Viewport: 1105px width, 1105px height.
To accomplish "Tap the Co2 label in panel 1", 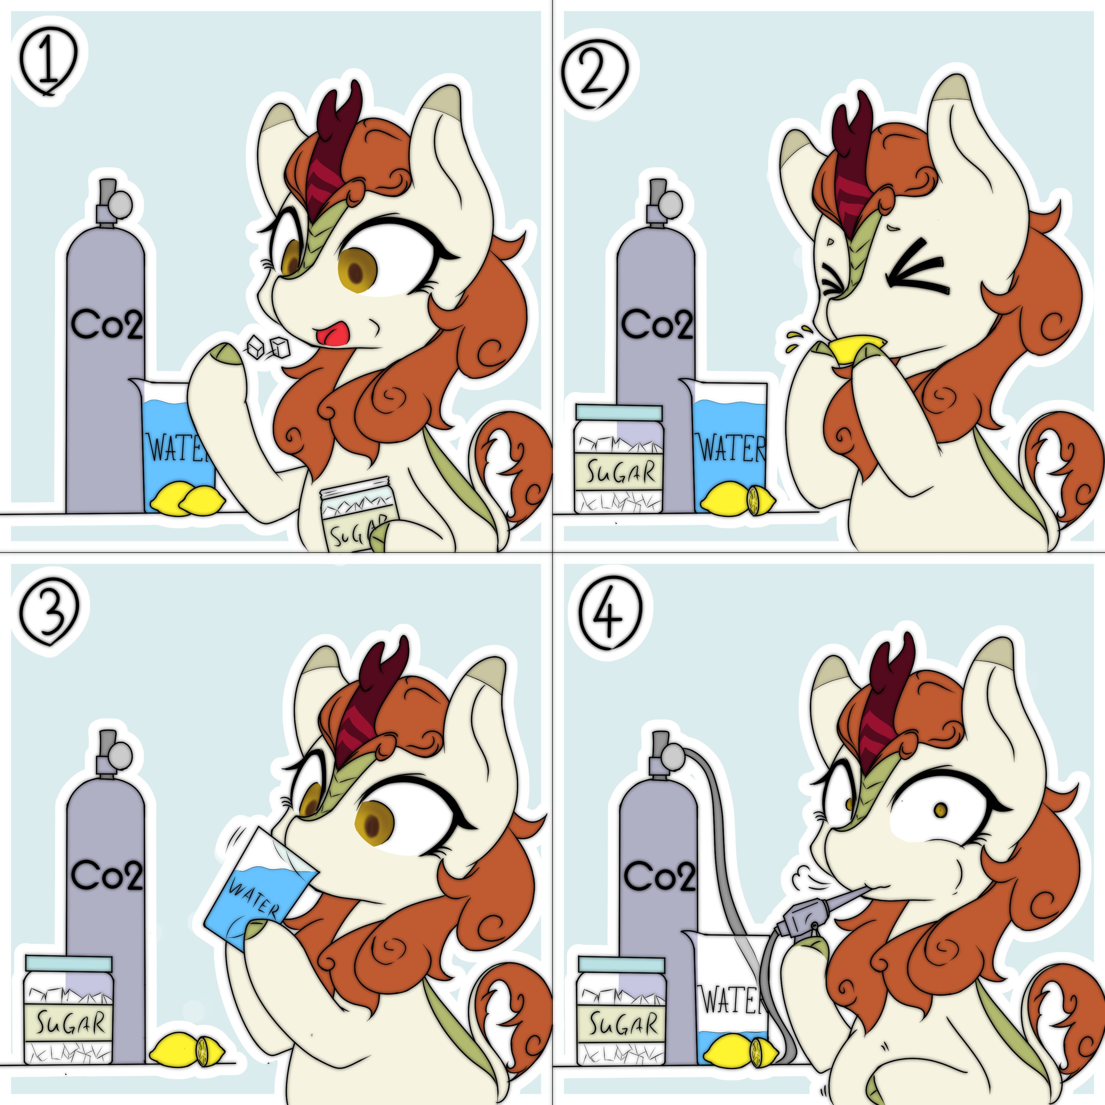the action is tap(106, 324).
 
